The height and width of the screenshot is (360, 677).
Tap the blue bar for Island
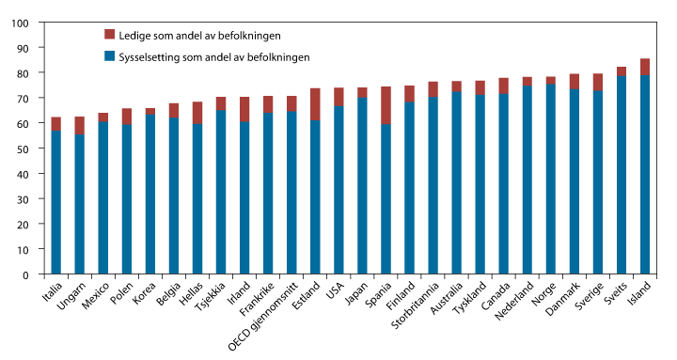pos(644,174)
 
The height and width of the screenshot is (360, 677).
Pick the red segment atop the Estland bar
pos(315,104)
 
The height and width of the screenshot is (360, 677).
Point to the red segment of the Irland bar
pos(244,109)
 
